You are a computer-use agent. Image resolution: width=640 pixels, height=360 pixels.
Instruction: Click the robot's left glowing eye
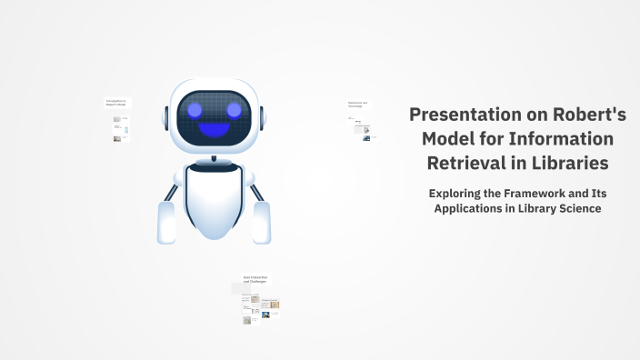tap(194, 110)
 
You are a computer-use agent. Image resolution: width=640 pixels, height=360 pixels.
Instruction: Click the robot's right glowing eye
tap(235, 110)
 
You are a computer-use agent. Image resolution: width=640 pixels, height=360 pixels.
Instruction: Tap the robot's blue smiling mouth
tap(215, 129)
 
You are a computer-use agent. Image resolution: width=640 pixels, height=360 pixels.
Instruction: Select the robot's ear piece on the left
tap(165, 118)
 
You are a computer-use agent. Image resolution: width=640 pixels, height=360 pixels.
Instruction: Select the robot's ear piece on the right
tap(264, 118)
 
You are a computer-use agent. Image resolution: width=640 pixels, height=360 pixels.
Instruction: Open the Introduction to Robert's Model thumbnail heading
tap(115, 103)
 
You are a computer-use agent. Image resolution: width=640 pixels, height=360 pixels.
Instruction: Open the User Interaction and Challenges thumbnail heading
tap(256, 279)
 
